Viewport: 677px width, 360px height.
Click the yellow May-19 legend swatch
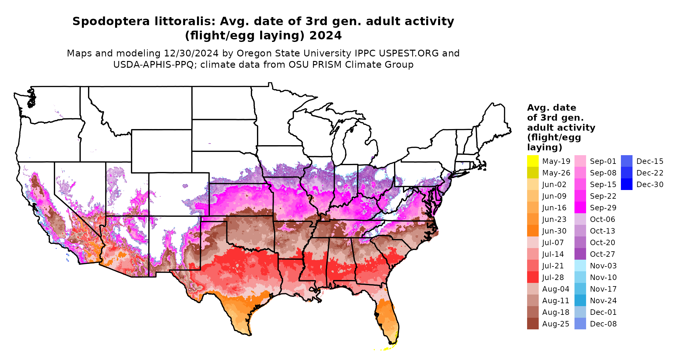pyautogui.click(x=533, y=161)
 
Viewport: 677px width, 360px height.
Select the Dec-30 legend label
pyautogui.click(x=650, y=185)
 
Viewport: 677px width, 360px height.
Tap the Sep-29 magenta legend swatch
pyautogui.click(x=580, y=207)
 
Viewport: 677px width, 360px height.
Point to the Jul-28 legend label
pyautogui.click(x=553, y=277)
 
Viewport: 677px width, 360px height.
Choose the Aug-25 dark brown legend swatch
pyautogui.click(x=533, y=324)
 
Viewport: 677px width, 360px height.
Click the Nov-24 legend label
pyautogui.click(x=603, y=301)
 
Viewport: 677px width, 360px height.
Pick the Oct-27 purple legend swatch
pyautogui.click(x=580, y=254)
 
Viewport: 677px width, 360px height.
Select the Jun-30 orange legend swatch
pyautogui.click(x=533, y=231)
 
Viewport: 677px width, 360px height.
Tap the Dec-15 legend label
pyautogui.click(x=650, y=161)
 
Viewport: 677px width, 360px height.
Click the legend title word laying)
pyautogui.click(x=545, y=147)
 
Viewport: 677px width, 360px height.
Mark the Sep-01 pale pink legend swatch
pyautogui.click(x=580, y=161)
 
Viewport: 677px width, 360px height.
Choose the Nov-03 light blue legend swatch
pyautogui.click(x=580, y=265)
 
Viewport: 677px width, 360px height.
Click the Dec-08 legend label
pyautogui.click(x=603, y=324)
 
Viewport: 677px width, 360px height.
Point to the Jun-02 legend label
pyautogui.click(x=554, y=185)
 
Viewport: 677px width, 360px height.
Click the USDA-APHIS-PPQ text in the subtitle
pyautogui.click(x=153, y=65)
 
